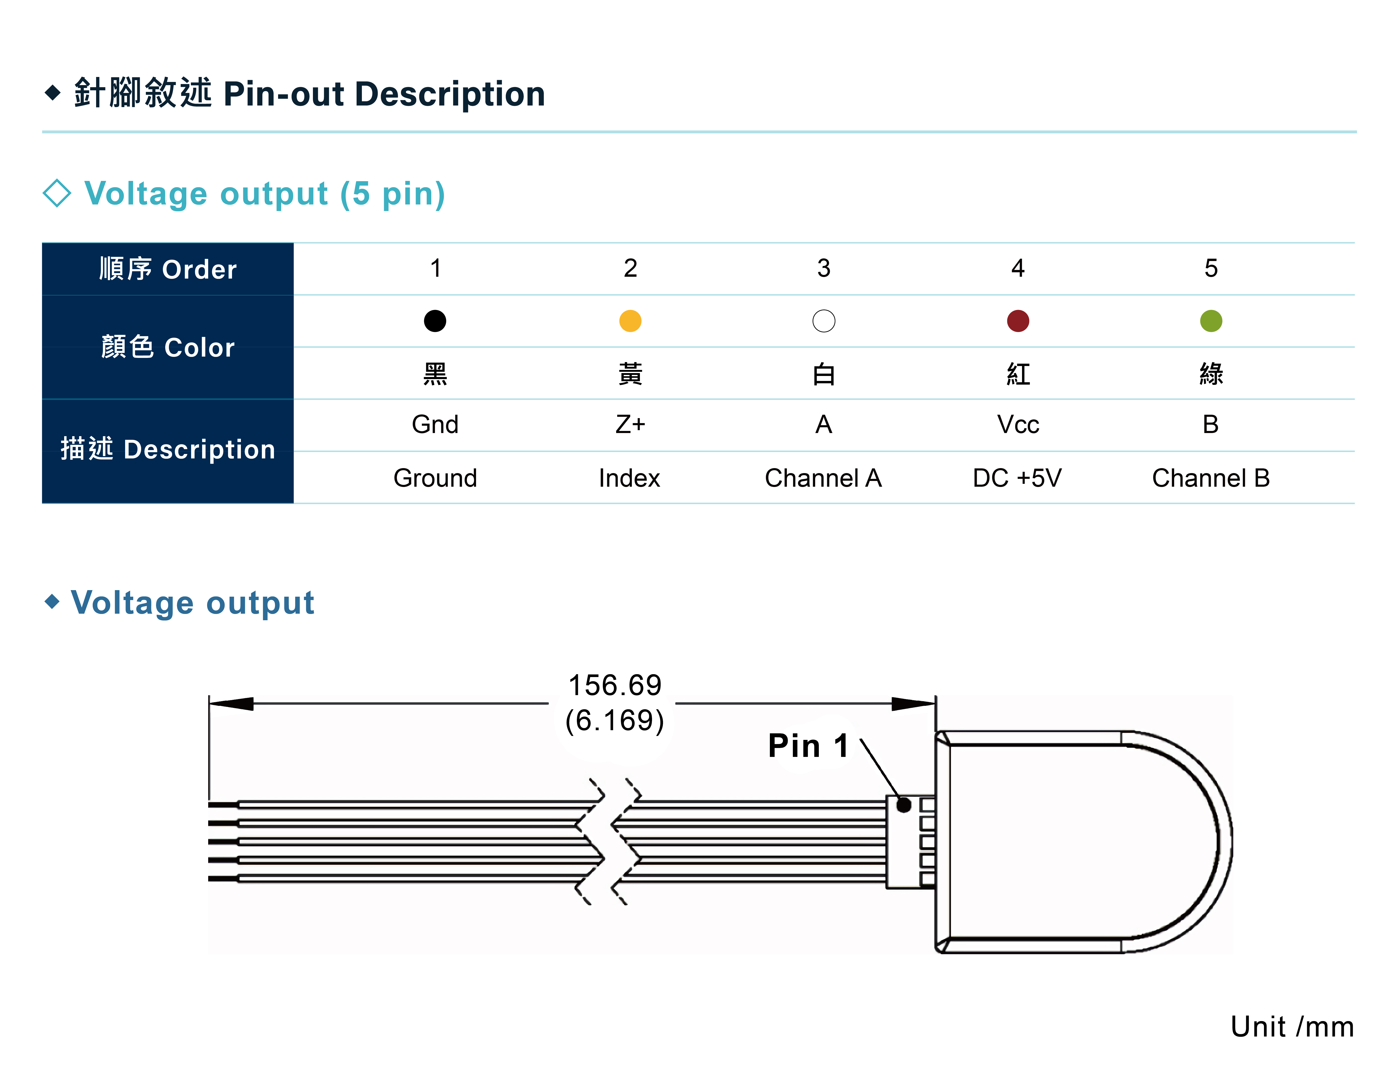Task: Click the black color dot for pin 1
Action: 435,320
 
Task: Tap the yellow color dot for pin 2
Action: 630,320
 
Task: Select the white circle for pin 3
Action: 824,320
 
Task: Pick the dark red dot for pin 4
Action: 1018,320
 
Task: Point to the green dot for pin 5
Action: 1211,320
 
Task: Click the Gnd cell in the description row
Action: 435,425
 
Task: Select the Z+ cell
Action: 630,425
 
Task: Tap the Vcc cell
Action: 1018,425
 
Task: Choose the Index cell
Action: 630,478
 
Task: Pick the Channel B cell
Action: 1211,478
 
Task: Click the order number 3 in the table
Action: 824,268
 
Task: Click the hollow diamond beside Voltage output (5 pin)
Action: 57,193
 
